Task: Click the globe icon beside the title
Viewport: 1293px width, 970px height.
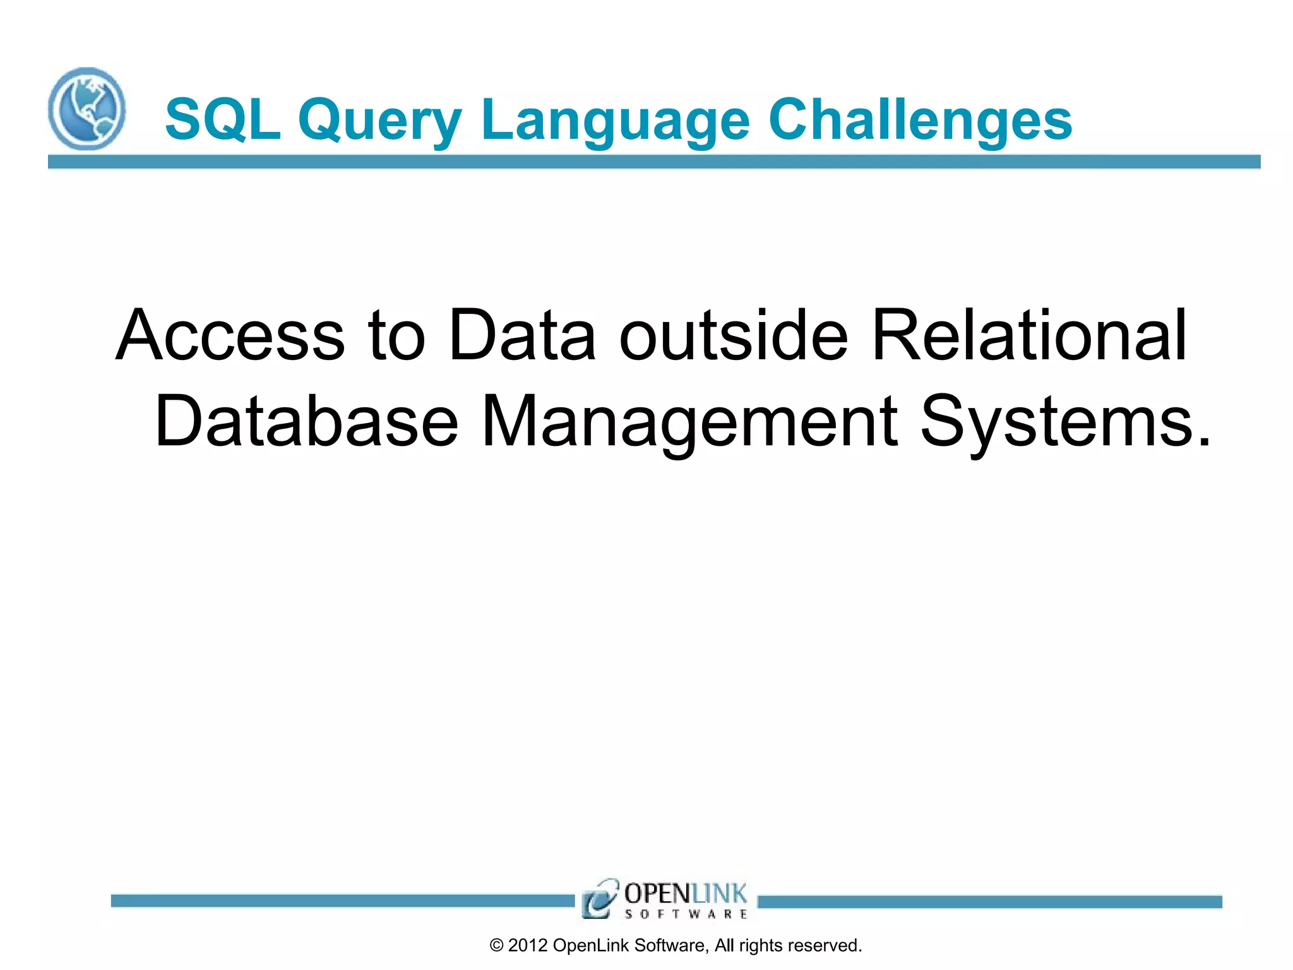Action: tap(87, 109)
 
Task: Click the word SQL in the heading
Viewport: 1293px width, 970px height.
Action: tap(222, 119)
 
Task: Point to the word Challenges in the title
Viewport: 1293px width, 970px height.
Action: tap(920, 120)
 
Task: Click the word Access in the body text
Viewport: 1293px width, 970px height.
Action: tap(230, 336)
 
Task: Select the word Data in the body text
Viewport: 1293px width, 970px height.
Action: tap(521, 336)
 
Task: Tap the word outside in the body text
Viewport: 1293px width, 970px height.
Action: tap(734, 336)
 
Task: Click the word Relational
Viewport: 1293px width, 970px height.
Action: tap(1028, 336)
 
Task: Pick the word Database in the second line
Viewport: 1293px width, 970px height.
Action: tap(306, 421)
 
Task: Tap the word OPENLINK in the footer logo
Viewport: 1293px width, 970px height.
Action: tap(685, 894)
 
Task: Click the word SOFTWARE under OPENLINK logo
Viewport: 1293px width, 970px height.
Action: tap(686, 914)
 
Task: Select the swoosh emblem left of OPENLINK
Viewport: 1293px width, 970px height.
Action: tap(599, 898)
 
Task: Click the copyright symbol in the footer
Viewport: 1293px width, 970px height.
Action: tap(497, 945)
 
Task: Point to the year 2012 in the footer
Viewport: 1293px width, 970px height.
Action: tap(528, 945)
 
